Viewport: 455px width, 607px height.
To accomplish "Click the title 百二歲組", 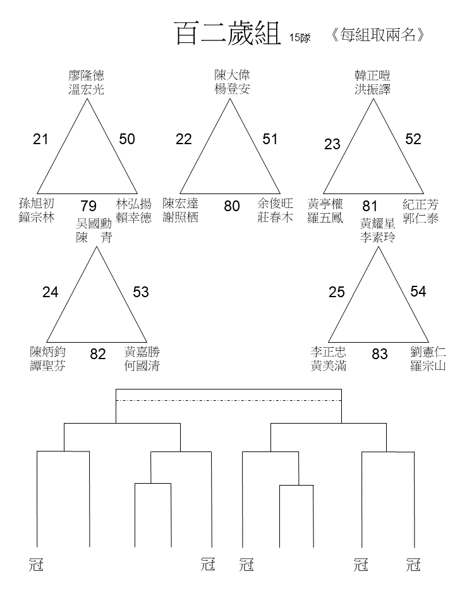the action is pyautogui.click(x=228, y=34).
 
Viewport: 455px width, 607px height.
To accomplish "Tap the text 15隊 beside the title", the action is pyautogui.click(x=300, y=37).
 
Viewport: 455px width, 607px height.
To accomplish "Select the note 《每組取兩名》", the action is pyautogui.click(x=378, y=35).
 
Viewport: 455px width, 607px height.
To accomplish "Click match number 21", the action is pyautogui.click(x=40, y=139).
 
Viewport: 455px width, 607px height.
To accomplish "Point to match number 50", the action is pyautogui.click(x=127, y=139).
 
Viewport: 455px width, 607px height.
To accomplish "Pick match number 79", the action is pyautogui.click(x=88, y=206).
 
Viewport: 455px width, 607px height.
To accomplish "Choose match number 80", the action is pyautogui.click(x=232, y=206).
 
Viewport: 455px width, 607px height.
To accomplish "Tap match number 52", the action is pyautogui.click(x=413, y=139).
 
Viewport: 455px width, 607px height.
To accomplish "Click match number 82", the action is pyautogui.click(x=98, y=354).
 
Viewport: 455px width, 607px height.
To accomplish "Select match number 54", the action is pyautogui.click(x=418, y=291).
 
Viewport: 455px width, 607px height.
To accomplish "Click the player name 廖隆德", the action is pyautogui.click(x=87, y=75).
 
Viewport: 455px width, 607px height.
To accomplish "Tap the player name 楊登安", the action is pyautogui.click(x=232, y=89).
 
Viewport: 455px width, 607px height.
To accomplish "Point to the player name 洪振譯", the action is pyautogui.click(x=373, y=89).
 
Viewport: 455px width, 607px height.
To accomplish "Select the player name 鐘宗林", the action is pyautogui.click(x=37, y=217).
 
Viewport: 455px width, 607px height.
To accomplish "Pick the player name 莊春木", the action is pyautogui.click(x=275, y=217).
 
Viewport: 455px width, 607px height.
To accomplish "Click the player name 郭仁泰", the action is pyautogui.click(x=421, y=218).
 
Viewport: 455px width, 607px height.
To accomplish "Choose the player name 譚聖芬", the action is pyautogui.click(x=48, y=365).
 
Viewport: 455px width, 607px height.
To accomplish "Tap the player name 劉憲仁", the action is pyautogui.click(x=428, y=352).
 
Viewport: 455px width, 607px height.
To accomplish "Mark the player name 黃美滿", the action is pyautogui.click(x=329, y=365).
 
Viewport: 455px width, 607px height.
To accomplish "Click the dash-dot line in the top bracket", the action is pyautogui.click(x=229, y=401).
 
